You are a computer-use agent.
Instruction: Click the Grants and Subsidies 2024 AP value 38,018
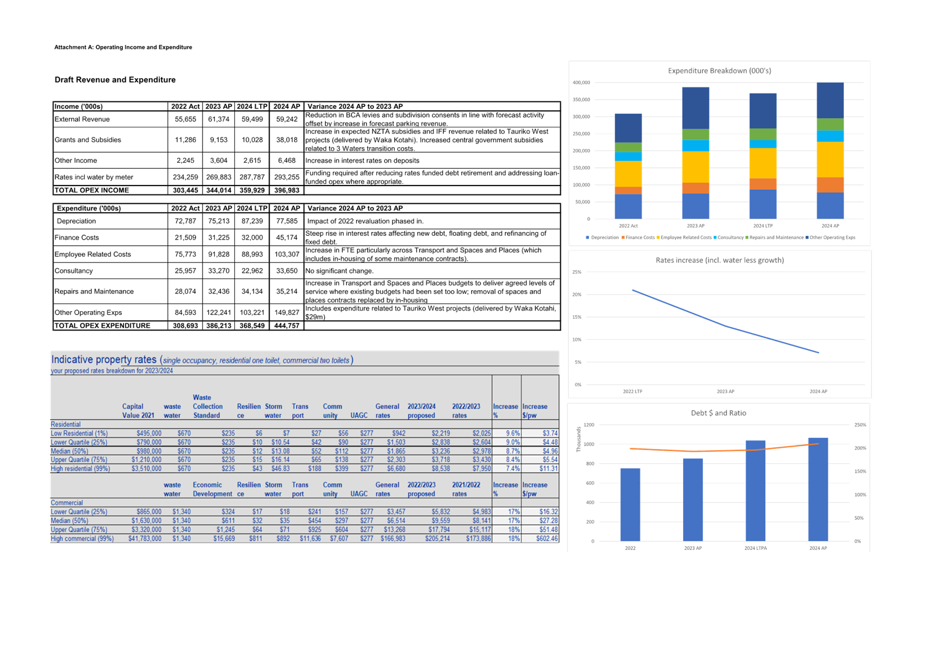click(286, 140)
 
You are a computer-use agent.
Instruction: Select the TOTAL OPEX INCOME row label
click(92, 190)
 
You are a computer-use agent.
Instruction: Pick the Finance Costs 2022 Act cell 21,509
click(185, 237)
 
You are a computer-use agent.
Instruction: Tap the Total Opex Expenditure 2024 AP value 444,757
click(286, 326)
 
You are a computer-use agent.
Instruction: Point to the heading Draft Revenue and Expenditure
click(115, 80)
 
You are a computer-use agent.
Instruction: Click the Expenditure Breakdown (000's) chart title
click(719, 71)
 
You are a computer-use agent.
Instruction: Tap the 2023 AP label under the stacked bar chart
click(695, 226)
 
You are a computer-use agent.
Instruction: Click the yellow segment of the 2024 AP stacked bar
click(830, 159)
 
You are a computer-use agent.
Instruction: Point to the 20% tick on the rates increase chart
click(576, 295)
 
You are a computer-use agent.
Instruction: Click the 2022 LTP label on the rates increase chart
click(632, 391)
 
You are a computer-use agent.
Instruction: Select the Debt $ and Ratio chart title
click(719, 413)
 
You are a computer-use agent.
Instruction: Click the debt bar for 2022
click(630, 504)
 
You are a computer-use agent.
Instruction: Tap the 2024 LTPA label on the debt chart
click(756, 548)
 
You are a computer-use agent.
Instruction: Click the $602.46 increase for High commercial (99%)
click(547, 539)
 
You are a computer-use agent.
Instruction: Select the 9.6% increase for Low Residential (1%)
click(513, 433)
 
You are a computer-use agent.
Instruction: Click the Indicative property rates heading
click(104, 359)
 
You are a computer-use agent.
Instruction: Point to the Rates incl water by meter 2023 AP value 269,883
click(218, 177)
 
